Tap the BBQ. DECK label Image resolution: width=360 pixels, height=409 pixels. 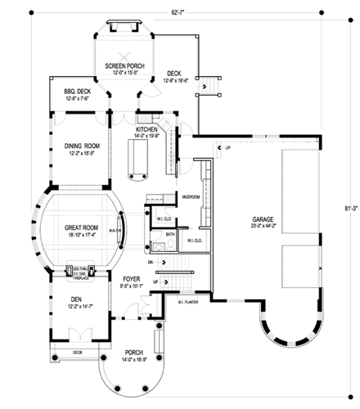coord(70,92)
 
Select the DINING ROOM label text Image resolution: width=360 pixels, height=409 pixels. coord(82,146)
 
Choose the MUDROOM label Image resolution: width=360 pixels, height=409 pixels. coord(191,197)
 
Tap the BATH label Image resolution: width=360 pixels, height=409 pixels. coord(170,235)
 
